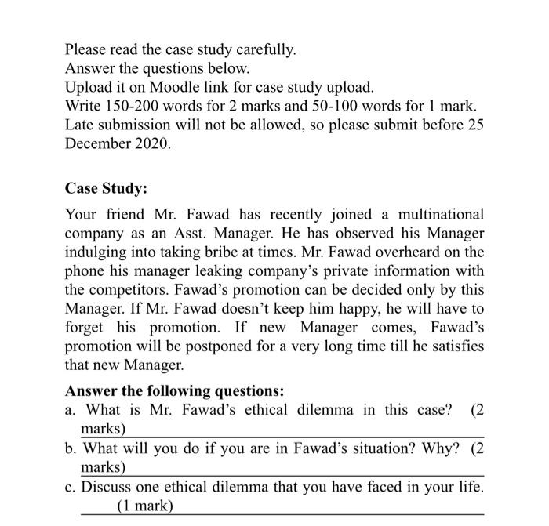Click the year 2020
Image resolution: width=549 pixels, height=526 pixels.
pyautogui.click(x=152, y=143)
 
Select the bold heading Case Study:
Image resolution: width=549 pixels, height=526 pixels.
pyautogui.click(x=106, y=189)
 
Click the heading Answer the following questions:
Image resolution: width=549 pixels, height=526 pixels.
pyautogui.click(x=174, y=390)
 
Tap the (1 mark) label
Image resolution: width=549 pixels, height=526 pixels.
pyautogui.click(x=145, y=506)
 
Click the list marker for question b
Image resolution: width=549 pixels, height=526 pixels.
pyautogui.click(x=71, y=448)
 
